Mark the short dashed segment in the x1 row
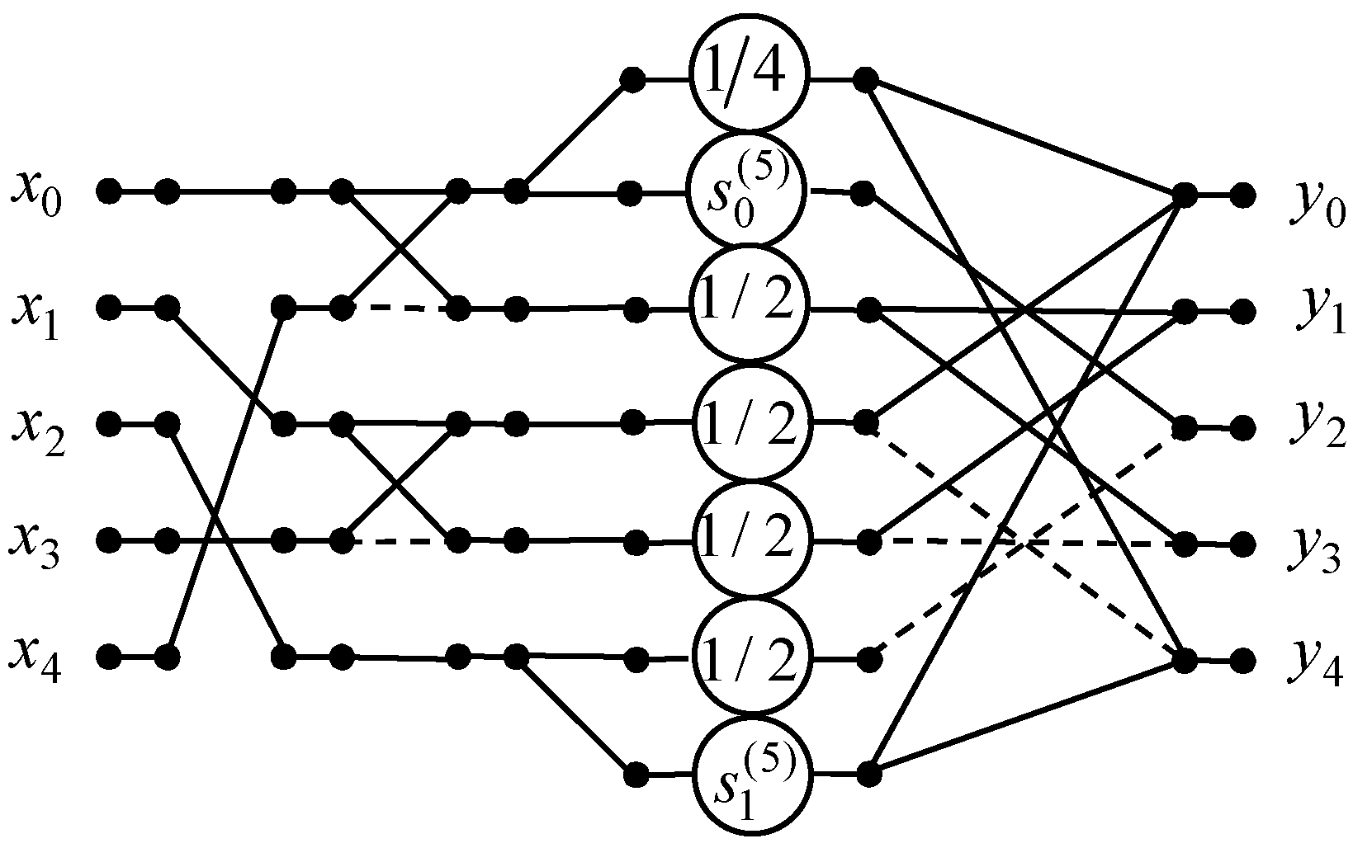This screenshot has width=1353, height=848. tap(400, 309)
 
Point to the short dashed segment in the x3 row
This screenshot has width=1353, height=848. tap(400, 542)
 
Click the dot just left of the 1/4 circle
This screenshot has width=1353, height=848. tap(632, 80)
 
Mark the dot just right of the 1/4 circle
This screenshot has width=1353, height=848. tap(865, 80)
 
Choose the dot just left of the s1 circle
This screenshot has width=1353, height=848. tap(635, 775)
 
